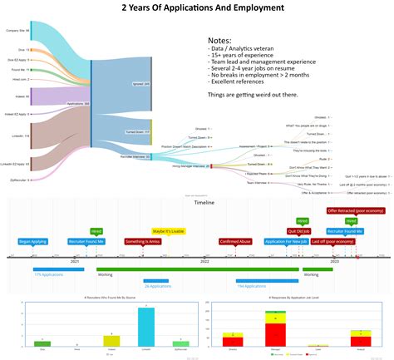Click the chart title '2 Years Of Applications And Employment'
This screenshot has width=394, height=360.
(197, 9)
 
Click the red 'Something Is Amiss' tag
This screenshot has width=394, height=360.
(144, 241)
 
